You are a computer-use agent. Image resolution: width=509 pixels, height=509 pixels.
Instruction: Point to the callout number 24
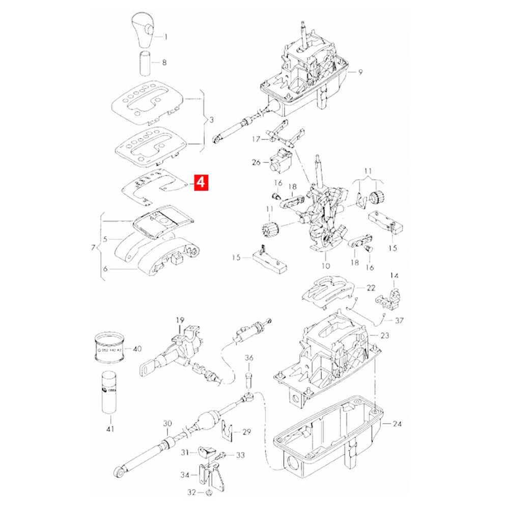coord(397,423)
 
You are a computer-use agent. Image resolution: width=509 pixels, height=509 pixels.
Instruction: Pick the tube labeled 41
coord(108,392)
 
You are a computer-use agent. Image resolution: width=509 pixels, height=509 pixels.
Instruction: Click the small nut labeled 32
coord(210,492)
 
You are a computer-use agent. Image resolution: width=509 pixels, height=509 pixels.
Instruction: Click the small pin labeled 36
coord(249,379)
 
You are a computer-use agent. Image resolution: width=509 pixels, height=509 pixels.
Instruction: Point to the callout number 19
coord(180,320)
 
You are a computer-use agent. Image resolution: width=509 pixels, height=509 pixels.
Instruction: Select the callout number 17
coord(257,138)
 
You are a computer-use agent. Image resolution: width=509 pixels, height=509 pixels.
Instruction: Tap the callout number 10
coord(326,266)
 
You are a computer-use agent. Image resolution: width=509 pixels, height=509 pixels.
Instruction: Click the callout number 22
coord(371,288)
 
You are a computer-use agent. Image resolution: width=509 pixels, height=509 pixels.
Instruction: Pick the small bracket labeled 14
coord(390,297)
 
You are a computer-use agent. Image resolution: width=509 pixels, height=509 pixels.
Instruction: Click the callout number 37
coord(399,320)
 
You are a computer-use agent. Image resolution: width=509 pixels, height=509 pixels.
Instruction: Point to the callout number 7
coord(92,248)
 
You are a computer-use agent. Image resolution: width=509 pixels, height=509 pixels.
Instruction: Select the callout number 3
coord(211,121)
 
